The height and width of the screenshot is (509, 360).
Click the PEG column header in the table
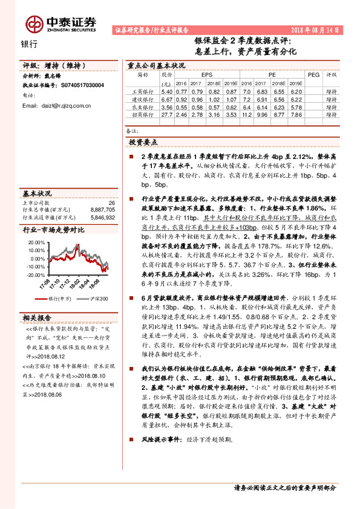pos(313,74)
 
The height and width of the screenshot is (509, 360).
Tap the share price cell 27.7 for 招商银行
pos(166,114)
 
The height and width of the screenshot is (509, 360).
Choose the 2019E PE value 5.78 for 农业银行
pos(295,106)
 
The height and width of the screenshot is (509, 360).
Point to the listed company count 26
pos(111,203)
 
